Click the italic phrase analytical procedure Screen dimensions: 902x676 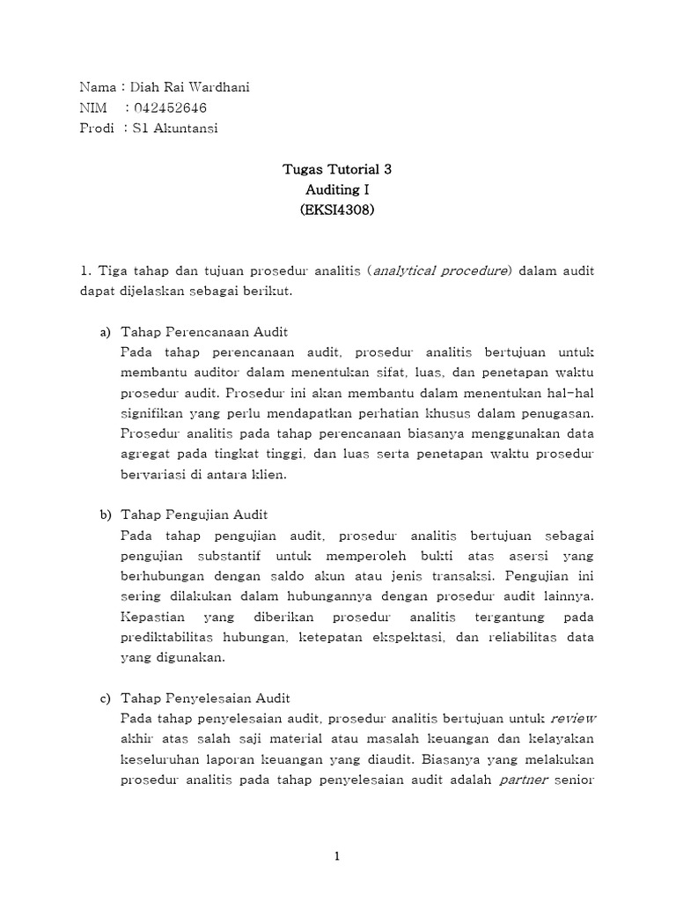[x=441, y=270]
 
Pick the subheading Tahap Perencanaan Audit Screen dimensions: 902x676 [x=203, y=331]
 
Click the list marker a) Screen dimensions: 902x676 [x=104, y=331]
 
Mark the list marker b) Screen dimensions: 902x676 [x=104, y=514]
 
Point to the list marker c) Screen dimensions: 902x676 [x=104, y=698]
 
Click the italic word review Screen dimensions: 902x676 [x=573, y=718]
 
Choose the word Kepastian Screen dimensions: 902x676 [x=148, y=617]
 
